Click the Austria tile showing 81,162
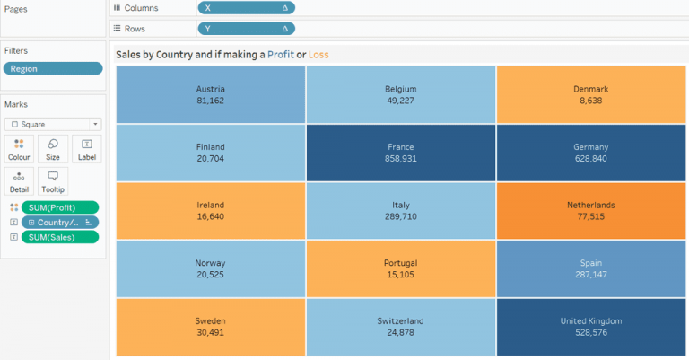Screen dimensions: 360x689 pos(210,94)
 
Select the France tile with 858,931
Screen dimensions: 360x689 pos(400,152)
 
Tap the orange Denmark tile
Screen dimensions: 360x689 pos(590,94)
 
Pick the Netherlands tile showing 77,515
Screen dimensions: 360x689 pos(590,210)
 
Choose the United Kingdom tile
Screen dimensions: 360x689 pos(590,326)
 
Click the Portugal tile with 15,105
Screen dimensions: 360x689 pos(400,268)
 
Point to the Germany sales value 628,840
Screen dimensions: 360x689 pos(590,159)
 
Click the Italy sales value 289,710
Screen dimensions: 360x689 pos(400,216)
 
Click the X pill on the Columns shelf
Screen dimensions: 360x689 pos(245,8)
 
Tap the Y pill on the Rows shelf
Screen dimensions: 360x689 pos(245,29)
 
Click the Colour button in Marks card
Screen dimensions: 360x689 pos(19,149)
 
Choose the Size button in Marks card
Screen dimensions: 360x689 pos(53,149)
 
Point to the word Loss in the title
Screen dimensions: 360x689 pos(318,55)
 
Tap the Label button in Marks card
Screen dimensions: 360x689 pos(86,149)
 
